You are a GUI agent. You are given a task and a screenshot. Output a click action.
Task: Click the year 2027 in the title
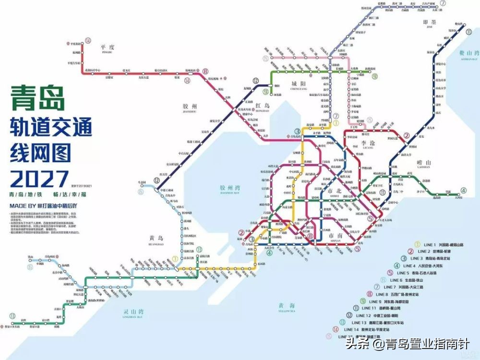(37, 178)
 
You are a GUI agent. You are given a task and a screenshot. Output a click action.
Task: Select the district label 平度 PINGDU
(107, 48)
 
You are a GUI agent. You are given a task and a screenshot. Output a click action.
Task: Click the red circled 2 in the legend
(411, 252)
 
